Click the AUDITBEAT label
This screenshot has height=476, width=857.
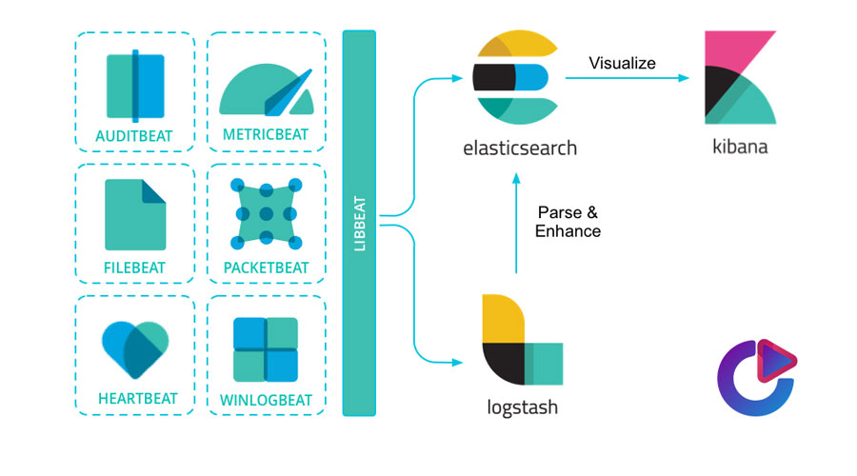[134, 136]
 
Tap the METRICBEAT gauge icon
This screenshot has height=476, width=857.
[266, 89]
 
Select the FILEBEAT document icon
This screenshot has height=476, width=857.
[134, 215]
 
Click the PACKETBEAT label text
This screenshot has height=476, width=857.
[266, 268]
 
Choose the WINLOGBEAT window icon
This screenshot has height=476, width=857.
[266, 348]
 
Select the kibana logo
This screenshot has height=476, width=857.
[739, 78]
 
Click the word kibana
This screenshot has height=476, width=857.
[739, 149]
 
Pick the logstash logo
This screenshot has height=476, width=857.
[520, 339]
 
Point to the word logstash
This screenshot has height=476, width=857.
[519, 408]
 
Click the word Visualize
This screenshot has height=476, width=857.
[622, 64]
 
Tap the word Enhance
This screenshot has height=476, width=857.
[568, 230]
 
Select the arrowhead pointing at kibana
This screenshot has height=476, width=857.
[682, 78]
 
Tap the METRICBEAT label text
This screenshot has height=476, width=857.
[266, 135]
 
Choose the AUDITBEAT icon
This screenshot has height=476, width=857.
[134, 86]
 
